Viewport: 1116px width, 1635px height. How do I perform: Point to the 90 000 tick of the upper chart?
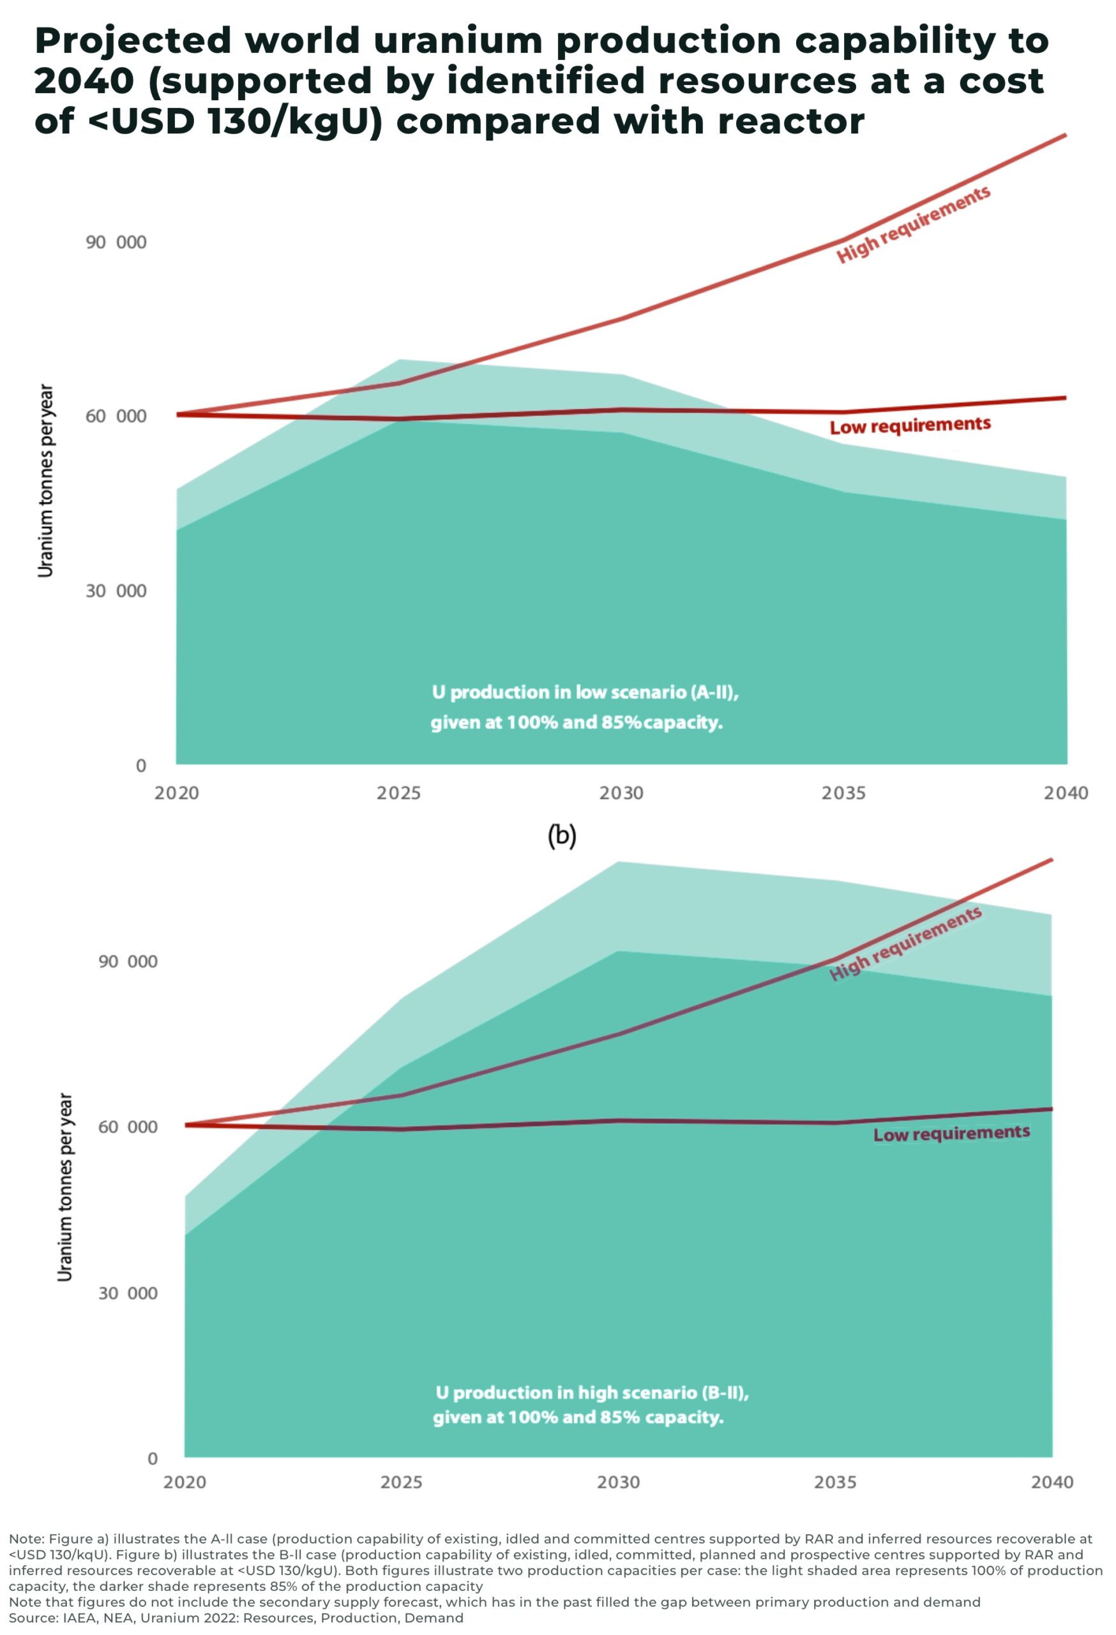[x=116, y=243]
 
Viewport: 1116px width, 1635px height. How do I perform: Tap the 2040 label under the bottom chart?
[x=1052, y=1483]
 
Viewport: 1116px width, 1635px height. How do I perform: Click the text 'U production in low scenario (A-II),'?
[x=584, y=692]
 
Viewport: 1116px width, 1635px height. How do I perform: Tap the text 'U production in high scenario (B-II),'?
[x=591, y=1393]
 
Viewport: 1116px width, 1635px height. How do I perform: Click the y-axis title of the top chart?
[x=46, y=480]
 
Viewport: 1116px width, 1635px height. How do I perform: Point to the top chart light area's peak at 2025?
[x=400, y=360]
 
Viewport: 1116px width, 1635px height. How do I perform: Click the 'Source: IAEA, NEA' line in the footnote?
[x=236, y=1618]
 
